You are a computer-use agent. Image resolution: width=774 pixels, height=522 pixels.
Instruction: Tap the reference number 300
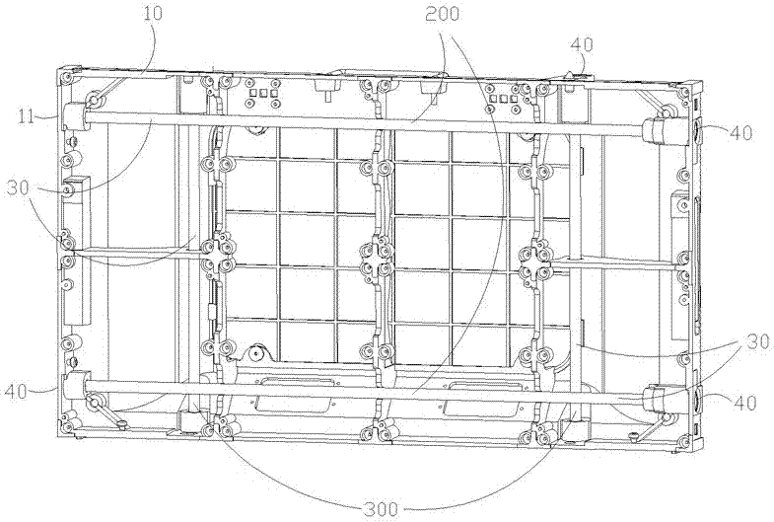pos(381,509)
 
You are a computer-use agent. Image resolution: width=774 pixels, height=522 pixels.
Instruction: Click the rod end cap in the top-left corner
pos(74,115)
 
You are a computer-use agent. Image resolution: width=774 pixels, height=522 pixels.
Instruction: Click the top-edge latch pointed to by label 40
pos(578,71)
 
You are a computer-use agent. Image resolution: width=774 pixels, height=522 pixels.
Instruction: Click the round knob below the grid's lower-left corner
pos(258,351)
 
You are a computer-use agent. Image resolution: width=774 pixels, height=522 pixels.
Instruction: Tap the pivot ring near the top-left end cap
pos(97,101)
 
